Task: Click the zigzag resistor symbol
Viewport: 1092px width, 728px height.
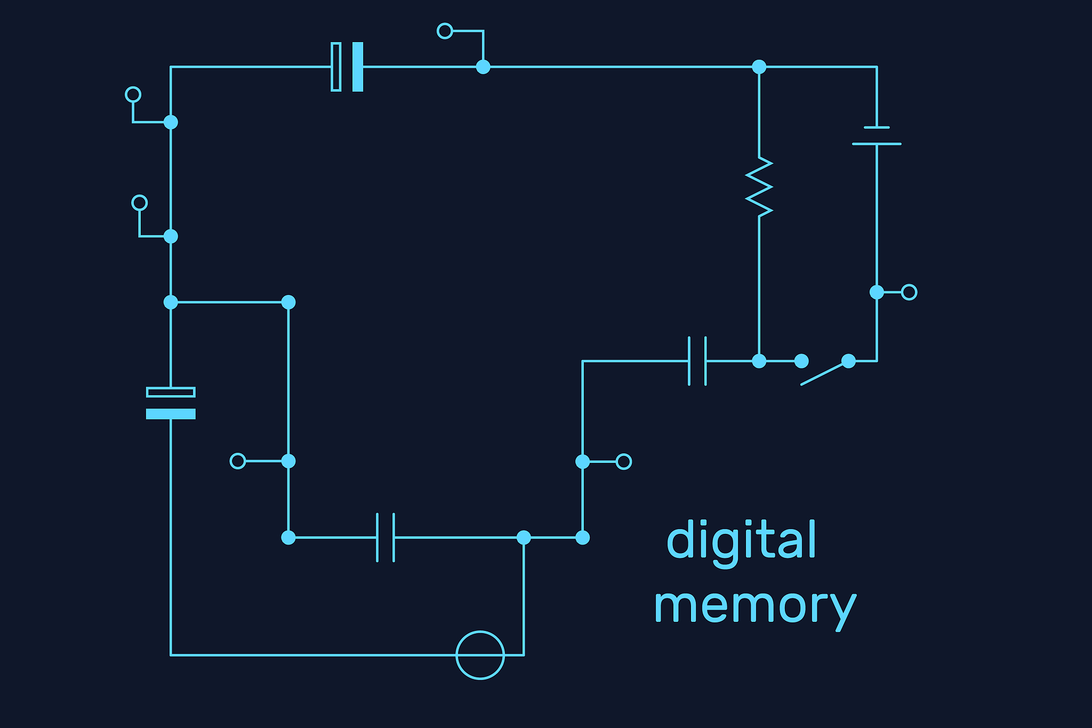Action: click(759, 187)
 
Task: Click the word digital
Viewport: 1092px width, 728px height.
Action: click(741, 540)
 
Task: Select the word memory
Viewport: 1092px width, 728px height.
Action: click(754, 607)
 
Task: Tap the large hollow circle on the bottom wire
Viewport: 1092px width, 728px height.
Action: click(480, 655)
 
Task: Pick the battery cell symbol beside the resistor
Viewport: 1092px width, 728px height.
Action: click(877, 135)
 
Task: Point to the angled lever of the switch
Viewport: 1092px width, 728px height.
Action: click(824, 373)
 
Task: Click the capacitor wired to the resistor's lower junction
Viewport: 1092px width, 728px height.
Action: click(697, 361)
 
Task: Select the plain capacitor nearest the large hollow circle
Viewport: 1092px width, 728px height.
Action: click(386, 538)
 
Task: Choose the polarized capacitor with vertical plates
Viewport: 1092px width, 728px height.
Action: click(347, 67)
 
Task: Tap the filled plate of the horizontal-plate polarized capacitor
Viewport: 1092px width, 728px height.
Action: click(171, 414)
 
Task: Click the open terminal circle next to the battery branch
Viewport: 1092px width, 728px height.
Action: click(909, 292)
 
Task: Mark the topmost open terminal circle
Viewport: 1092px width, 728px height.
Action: click(445, 31)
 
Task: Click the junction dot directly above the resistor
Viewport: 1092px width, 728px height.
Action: click(759, 67)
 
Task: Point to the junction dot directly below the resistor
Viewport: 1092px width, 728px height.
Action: click(759, 361)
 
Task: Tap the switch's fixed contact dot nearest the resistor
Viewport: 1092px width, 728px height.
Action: click(801, 361)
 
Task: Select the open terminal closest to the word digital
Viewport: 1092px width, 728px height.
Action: click(624, 461)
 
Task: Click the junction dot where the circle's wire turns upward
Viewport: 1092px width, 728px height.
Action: click(524, 538)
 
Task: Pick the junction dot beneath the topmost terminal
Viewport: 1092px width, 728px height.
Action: click(483, 67)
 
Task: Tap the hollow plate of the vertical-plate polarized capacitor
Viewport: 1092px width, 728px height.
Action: click(336, 67)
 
